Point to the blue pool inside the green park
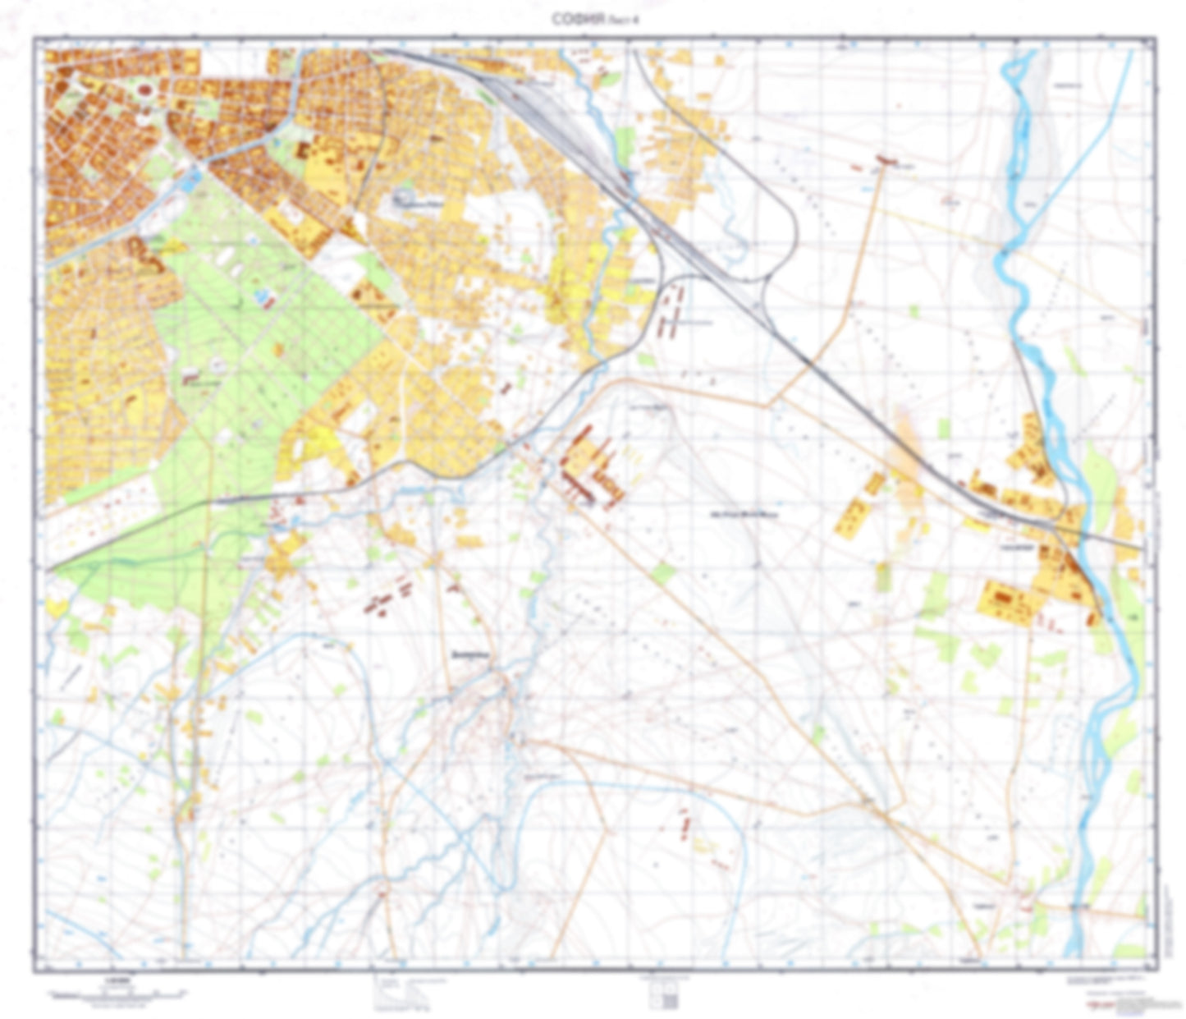point(263,297)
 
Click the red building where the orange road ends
point(884,162)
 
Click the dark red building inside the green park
point(190,378)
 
